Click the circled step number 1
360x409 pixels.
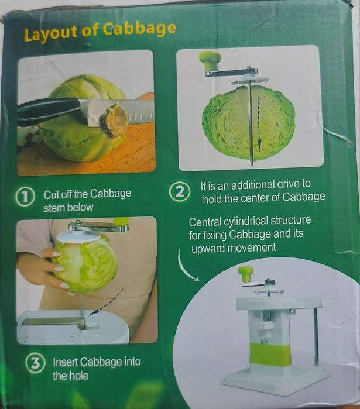25,198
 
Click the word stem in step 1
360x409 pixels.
54,207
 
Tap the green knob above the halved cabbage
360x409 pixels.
210,59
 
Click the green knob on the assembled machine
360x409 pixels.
246,272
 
